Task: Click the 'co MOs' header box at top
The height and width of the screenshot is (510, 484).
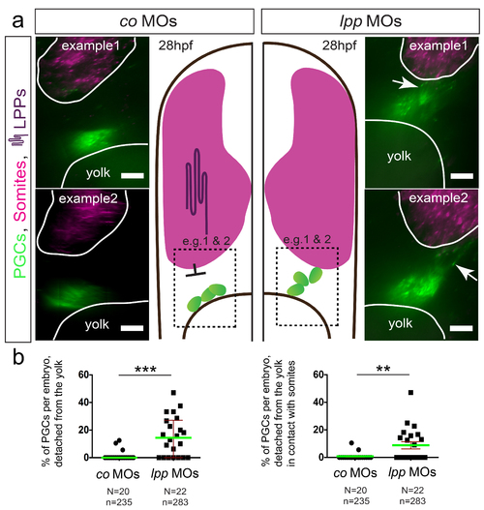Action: [x=144, y=21]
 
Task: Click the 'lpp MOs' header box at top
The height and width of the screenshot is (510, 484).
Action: [x=371, y=21]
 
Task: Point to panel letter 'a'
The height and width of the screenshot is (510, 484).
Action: [x=17, y=21]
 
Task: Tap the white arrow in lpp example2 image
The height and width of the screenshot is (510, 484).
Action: [x=467, y=272]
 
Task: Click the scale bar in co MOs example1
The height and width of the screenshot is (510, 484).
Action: [x=133, y=176]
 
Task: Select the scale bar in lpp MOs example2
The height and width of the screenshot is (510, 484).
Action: [x=461, y=328]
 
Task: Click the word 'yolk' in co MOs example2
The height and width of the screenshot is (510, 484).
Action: [x=97, y=324]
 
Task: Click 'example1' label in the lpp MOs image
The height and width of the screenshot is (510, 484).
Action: [x=439, y=45]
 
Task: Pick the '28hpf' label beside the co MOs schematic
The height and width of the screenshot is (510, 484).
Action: [x=175, y=45]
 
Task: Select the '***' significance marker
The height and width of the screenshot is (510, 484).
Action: [x=145, y=369]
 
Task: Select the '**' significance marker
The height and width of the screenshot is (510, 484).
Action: [x=383, y=369]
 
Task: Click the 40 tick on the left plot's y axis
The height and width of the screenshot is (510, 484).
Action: [x=90, y=403]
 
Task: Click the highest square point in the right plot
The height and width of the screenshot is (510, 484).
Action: [x=410, y=393]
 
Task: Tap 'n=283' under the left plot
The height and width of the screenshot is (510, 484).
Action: [x=175, y=502]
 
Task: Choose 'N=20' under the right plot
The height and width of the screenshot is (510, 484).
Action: [x=356, y=490]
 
